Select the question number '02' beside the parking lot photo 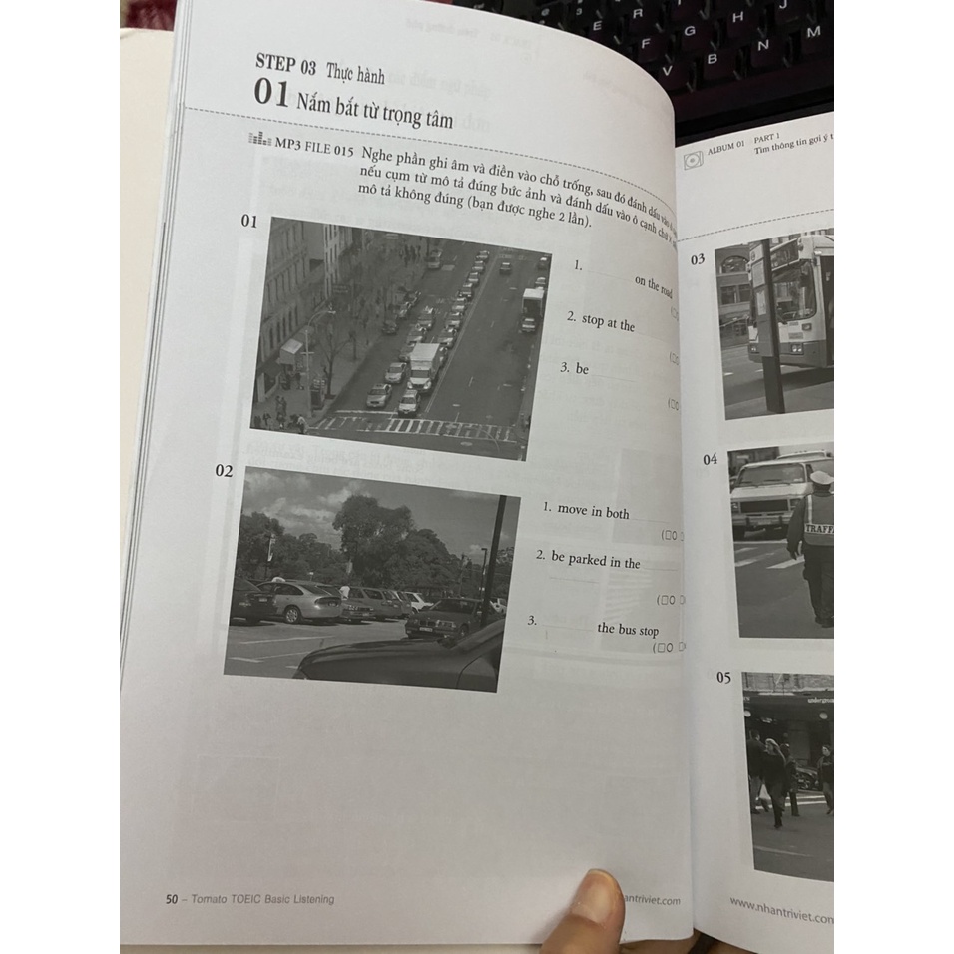(x=224, y=470)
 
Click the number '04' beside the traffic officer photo (x=711, y=460)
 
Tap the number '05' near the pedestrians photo (x=723, y=678)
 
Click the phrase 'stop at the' (x=608, y=323)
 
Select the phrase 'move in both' (x=593, y=511)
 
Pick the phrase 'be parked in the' (x=596, y=561)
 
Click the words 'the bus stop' (x=628, y=629)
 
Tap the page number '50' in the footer (x=172, y=898)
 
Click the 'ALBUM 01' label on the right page (x=725, y=147)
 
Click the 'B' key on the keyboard (x=714, y=59)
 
